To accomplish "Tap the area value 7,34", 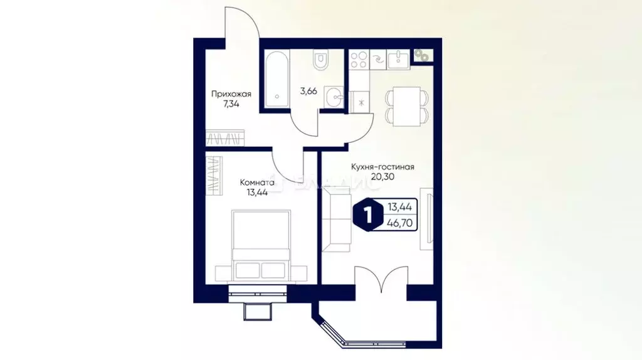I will [x=231, y=105].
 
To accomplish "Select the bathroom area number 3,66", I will [x=308, y=91].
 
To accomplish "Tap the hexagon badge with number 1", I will [x=367, y=214].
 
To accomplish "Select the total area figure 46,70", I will [x=399, y=221].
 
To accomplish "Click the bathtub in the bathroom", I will [x=276, y=81].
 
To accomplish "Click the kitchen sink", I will [x=398, y=60].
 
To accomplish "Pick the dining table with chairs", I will [x=407, y=106].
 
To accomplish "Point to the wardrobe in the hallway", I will [x=224, y=137].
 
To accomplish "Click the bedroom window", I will [x=258, y=289].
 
